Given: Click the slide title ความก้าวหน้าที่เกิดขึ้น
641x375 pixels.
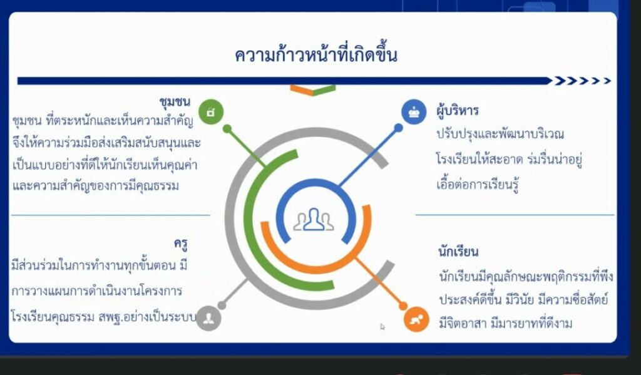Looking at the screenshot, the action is tap(315, 56).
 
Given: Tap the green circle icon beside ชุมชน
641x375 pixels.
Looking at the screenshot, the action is tap(211, 111).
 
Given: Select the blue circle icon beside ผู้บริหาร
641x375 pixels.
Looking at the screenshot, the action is tap(414, 111).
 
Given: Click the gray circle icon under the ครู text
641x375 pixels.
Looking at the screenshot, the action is tap(208, 318).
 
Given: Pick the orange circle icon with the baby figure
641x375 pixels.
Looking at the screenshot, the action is tap(416, 319).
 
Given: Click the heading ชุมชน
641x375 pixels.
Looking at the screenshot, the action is tap(175, 101).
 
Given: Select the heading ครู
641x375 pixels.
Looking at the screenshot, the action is tap(181, 244).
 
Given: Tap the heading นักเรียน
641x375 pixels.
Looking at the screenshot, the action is tap(458, 250).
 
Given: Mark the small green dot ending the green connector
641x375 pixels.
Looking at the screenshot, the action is tap(227, 129).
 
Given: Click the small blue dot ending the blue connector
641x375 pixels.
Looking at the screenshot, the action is tap(398, 128).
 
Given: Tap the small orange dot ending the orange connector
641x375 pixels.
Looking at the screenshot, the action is tap(403, 306).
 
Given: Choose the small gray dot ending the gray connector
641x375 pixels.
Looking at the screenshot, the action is tap(222, 305).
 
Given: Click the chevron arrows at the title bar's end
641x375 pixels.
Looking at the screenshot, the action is tap(583, 81).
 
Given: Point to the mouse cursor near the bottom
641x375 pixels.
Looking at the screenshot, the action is tap(382, 326).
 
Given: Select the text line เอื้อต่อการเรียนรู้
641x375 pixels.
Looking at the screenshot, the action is tap(478, 185).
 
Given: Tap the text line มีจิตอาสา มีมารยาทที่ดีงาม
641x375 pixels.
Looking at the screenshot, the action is tap(505, 324).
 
